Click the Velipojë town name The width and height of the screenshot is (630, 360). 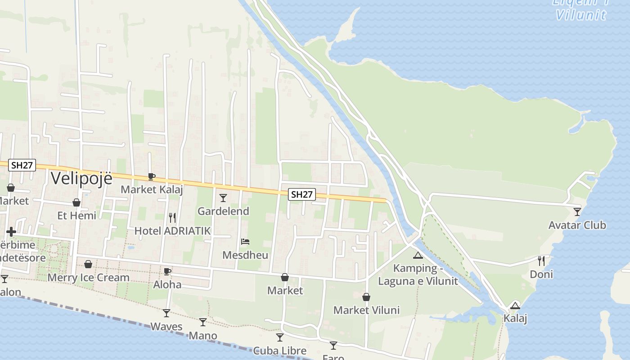click(81, 178)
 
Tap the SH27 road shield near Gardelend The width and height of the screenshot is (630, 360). click(301, 194)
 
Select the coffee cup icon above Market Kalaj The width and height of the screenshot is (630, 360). click(152, 176)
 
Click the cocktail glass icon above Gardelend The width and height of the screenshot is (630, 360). click(223, 198)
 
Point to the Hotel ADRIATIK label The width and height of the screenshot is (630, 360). click(172, 231)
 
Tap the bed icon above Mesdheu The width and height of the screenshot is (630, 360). click(245, 242)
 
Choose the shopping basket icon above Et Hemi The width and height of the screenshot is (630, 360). click(76, 202)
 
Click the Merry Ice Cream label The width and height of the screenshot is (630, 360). click(89, 277)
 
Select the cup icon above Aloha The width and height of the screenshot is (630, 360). click(167, 271)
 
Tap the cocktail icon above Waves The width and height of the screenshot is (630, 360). click(166, 313)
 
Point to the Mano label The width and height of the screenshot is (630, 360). click(203, 336)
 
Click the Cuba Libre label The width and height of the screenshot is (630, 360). click(279, 351)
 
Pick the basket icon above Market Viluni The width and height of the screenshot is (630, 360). click(366, 297)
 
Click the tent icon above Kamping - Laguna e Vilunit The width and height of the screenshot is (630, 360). click(418, 256)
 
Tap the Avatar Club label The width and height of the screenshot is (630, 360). click(577, 225)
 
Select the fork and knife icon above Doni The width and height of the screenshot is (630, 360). click(541, 261)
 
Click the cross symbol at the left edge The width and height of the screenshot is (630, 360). click(11, 232)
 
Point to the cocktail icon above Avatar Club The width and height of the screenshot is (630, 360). click(577, 211)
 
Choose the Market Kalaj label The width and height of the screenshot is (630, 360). click(152, 189)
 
